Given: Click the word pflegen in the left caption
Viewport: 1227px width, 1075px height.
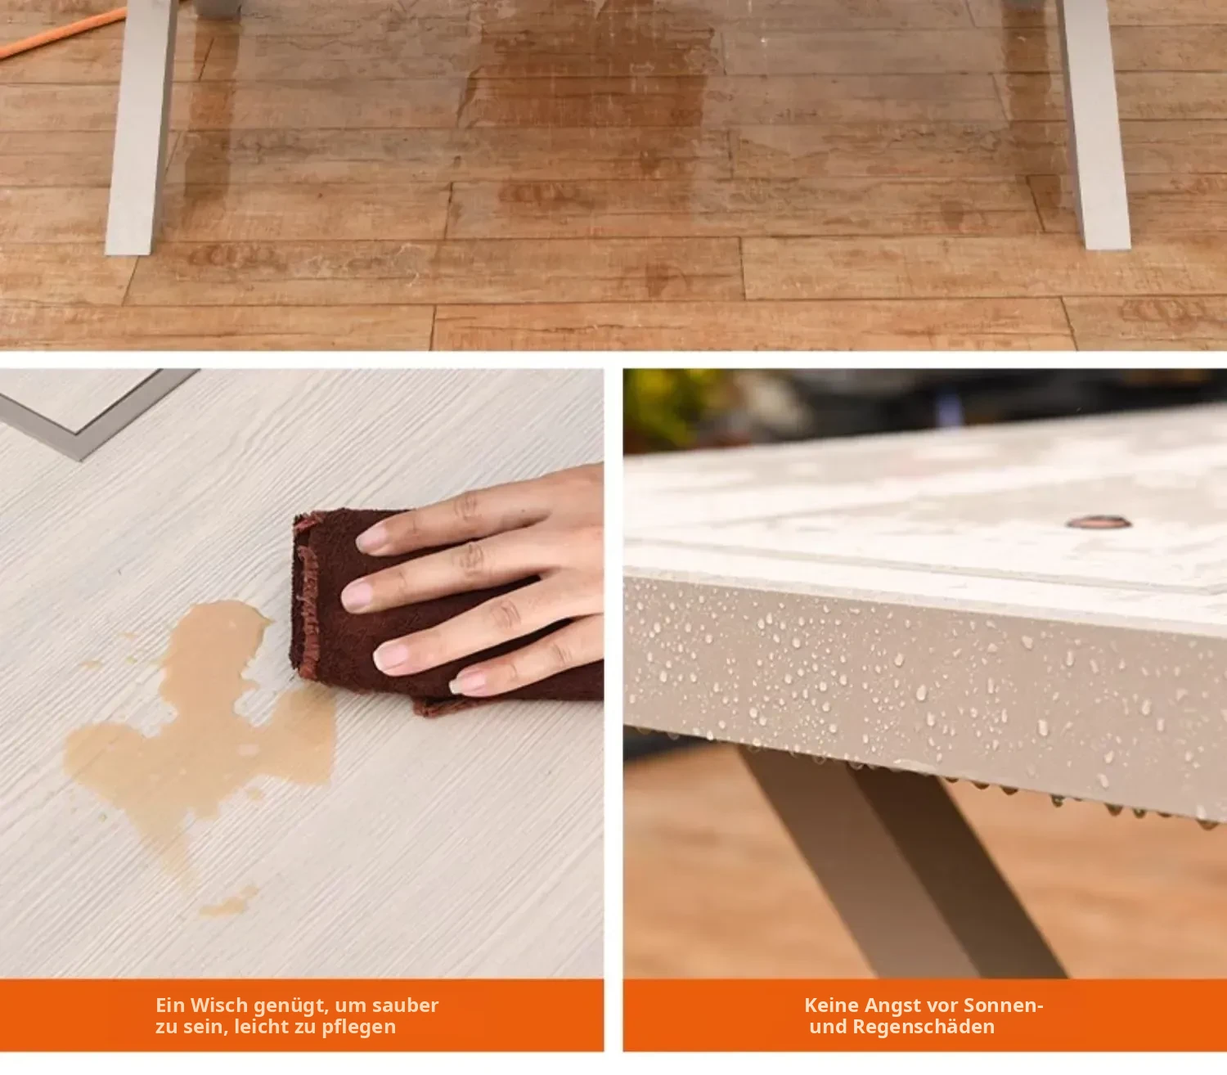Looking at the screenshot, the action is coord(358,1028).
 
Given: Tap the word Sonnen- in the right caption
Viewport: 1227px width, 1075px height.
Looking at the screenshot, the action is coord(1003,1005).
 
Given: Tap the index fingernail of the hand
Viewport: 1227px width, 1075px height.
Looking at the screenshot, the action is coord(372,538).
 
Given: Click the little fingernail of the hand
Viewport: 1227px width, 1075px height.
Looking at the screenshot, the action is coord(467,683).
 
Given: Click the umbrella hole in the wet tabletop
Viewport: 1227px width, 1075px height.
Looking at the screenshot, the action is coord(1099,522).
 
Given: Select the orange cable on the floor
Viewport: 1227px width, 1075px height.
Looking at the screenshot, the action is coord(61,34).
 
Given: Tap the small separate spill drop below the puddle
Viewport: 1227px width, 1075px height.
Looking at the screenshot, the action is coord(230,903).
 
